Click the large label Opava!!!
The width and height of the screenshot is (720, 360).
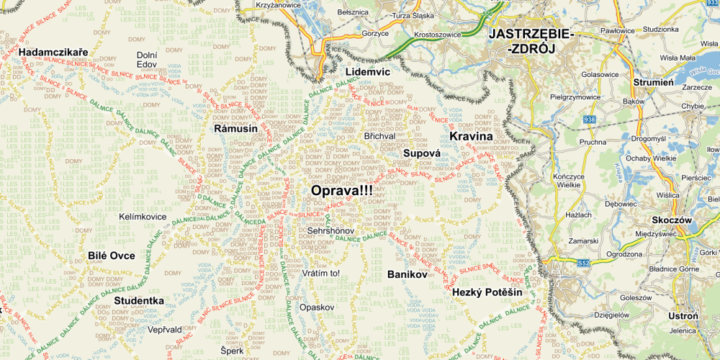tap(342, 191)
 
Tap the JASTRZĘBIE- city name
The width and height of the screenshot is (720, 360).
tap(531, 34)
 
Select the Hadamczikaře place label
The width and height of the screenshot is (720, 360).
tap(53, 53)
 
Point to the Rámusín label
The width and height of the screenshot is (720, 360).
tap(235, 128)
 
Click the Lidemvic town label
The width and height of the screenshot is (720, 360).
tap(367, 72)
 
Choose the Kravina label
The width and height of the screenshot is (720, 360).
tap(471, 136)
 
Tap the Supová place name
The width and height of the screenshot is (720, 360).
tap(421, 153)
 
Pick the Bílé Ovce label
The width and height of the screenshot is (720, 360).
tap(112, 256)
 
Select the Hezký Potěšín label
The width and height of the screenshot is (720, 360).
tap(487, 292)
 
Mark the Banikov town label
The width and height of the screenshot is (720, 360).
tap(408, 274)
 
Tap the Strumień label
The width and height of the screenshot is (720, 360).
tap(653, 82)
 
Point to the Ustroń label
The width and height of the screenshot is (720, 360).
tap(683, 316)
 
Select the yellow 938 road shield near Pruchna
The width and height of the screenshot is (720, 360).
tap(590, 119)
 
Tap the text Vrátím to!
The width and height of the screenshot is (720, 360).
tap(320, 274)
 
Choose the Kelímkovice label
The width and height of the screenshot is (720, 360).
tap(143, 216)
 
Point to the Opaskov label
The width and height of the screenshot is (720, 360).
tap(318, 307)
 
